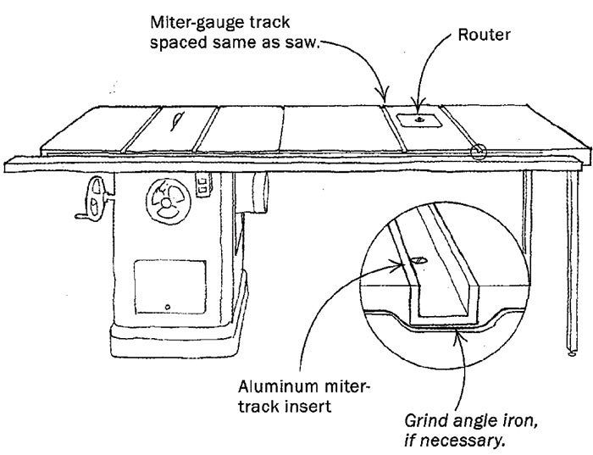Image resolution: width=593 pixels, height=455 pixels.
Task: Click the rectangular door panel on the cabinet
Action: (169, 284)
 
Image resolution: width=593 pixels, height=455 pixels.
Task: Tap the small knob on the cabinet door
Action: (168, 305)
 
